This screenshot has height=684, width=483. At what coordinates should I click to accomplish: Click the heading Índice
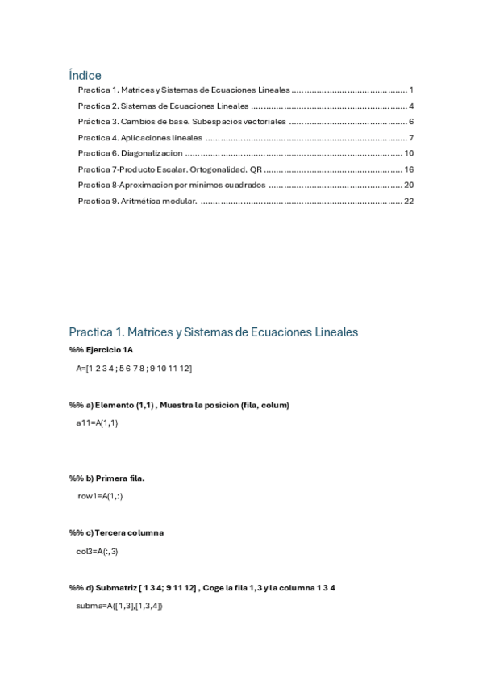[x=85, y=75]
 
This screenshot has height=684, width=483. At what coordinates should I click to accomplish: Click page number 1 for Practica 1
[x=411, y=90]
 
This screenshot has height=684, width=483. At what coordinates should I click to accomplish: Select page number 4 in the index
[x=411, y=106]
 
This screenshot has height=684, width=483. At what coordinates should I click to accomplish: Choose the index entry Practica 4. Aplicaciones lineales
[x=140, y=138]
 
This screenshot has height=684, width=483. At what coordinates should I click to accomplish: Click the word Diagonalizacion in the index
[x=152, y=153]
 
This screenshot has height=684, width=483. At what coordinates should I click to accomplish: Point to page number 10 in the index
[x=409, y=153]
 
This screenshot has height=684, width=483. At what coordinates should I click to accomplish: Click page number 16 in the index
[x=409, y=169]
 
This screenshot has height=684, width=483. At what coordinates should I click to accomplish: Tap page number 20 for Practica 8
[x=409, y=185]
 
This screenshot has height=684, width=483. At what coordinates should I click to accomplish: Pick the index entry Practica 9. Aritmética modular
[x=137, y=201]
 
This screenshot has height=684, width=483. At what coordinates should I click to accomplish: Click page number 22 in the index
[x=409, y=201]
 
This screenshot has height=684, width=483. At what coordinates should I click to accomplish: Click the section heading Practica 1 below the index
[x=214, y=332]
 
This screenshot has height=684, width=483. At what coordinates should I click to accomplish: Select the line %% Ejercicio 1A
[x=101, y=350]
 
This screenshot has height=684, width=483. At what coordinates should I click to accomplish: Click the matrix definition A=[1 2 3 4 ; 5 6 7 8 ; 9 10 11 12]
[x=134, y=368]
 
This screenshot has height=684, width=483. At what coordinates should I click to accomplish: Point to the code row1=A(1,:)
[x=100, y=496]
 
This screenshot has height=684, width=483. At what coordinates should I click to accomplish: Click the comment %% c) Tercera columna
[x=116, y=532]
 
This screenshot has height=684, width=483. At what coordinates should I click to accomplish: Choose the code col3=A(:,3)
[x=98, y=551]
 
